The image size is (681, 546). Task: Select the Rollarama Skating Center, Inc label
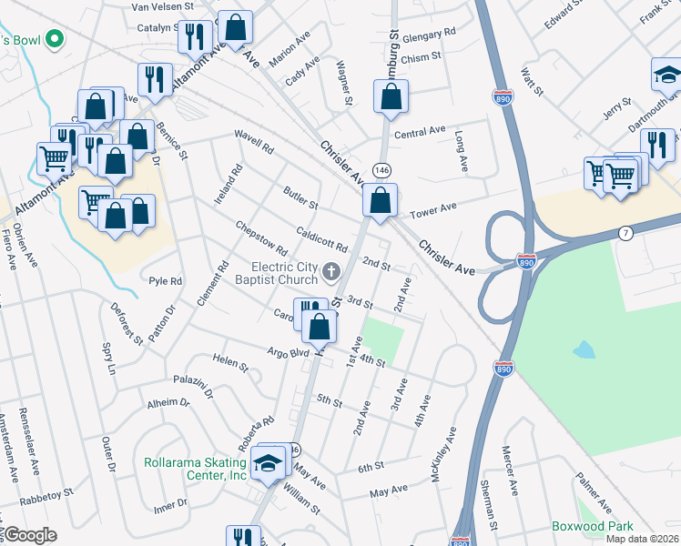pyautogui.click(x=195, y=469)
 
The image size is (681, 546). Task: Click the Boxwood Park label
pyautogui.click(x=592, y=527)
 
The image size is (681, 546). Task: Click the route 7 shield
pyautogui.click(x=625, y=234)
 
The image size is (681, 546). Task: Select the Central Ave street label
pyautogui.click(x=420, y=133)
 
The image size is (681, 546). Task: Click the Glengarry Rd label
pyautogui.click(x=432, y=34)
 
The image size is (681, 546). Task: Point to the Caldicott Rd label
pyautogui.click(x=322, y=240)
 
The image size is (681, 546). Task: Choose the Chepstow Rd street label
pyautogui.click(x=261, y=238)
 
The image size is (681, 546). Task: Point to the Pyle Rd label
pyautogui.click(x=166, y=281)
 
